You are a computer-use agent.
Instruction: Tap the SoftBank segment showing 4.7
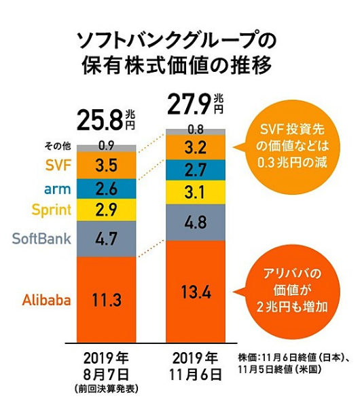tap(107, 238)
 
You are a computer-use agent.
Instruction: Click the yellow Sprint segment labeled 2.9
tap(107, 209)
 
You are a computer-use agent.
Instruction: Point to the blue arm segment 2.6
tap(107, 188)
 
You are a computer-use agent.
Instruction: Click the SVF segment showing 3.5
tap(107, 165)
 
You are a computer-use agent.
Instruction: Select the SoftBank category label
tap(41, 238)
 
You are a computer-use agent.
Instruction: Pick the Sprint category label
tap(50, 209)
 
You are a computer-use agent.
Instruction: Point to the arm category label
tap(58, 188)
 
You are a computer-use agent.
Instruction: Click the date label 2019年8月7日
tap(106, 364)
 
